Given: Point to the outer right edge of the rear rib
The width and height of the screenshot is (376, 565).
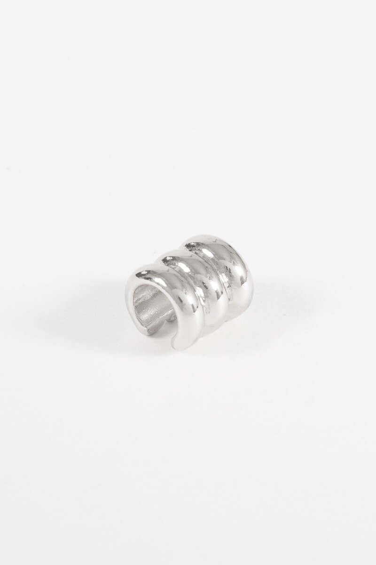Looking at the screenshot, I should pos(254,282).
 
